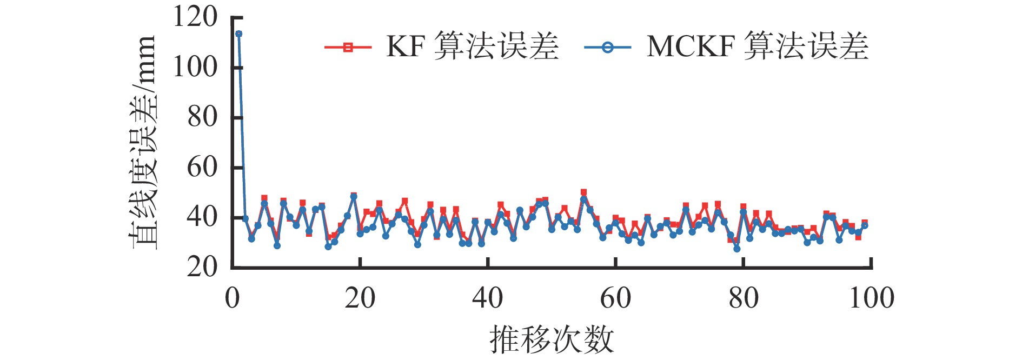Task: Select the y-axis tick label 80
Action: point(202,117)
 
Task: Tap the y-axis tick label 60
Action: point(202,168)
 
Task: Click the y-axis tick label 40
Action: point(202,217)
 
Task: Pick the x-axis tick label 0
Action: point(233,298)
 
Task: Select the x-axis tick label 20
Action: point(360,298)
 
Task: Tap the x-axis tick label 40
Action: point(488,298)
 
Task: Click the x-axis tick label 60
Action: point(615,298)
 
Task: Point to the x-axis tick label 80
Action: point(744,298)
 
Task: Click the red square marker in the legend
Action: point(348,48)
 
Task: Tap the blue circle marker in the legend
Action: point(607,48)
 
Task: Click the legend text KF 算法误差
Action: point(472,46)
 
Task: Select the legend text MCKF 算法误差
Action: point(757,46)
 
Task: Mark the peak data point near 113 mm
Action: point(238,34)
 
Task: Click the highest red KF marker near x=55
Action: point(583,192)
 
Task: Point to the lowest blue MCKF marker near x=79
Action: point(736,249)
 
